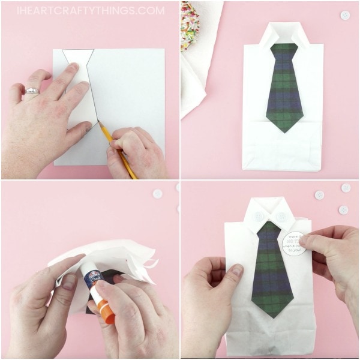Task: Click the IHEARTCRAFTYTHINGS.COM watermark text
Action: (x=90, y=10)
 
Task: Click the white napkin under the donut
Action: (x=195, y=78)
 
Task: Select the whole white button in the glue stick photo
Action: (x=158, y=194)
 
